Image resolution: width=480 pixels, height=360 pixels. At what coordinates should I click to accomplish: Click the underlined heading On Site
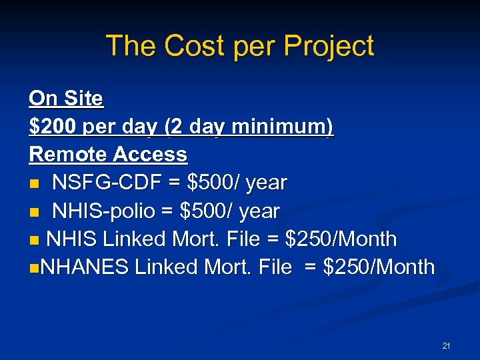coord(66,99)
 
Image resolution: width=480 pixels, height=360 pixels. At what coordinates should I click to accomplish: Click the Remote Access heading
coord(108,154)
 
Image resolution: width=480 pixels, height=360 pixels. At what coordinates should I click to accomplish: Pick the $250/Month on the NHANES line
coord(378,267)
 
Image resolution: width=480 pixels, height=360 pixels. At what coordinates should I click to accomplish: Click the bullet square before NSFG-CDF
coord(34,183)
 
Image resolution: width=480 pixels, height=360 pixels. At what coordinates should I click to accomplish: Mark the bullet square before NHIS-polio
coord(34,211)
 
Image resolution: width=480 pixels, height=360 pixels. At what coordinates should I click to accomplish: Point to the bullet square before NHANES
coord(34,268)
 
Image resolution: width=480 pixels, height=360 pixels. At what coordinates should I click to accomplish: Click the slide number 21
coord(446,345)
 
